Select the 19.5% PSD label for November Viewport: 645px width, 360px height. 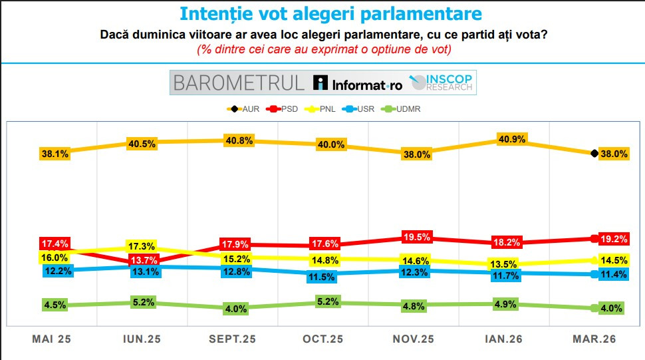[x=417, y=237]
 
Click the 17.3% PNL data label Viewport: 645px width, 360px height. [x=144, y=247]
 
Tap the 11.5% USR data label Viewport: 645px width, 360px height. [x=324, y=277]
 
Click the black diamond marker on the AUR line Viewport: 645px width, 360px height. [x=594, y=153]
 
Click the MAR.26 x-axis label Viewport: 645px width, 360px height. [x=594, y=339]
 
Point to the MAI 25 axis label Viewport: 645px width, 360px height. [x=51, y=339]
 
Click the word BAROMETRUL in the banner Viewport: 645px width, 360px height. [x=238, y=83]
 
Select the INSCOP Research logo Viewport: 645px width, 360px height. [x=442, y=83]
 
